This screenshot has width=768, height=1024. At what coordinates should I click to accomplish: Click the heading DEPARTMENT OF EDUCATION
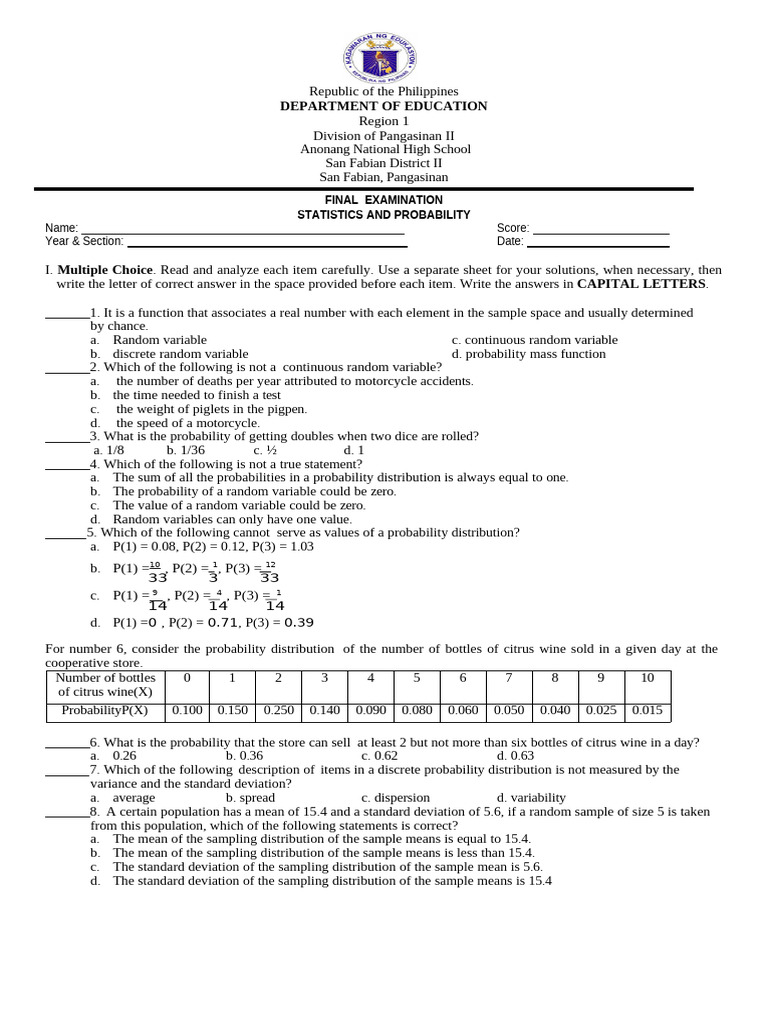384,106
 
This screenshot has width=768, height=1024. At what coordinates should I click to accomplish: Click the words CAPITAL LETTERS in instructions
641,284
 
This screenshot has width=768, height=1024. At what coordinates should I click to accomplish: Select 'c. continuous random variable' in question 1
534,340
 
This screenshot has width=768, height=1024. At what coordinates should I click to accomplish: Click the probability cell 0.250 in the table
279,711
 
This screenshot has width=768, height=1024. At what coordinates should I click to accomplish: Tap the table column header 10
647,678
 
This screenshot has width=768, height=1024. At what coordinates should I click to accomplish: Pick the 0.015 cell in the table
647,711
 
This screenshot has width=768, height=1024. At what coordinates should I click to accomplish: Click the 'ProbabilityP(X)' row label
104,711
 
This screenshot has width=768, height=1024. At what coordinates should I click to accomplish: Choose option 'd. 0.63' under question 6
515,756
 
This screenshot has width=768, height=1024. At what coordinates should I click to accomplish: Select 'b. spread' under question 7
250,798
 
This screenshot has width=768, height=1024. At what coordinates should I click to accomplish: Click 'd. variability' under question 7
531,798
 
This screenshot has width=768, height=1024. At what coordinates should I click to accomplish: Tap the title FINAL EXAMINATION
384,200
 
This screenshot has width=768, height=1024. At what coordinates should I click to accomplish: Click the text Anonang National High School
385,149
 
